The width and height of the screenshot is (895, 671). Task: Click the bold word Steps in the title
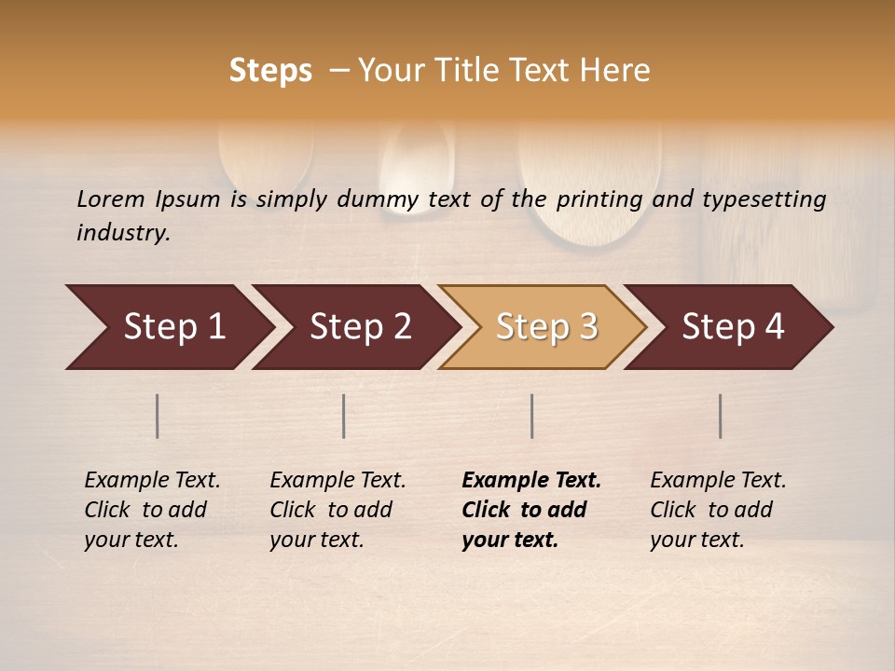click(270, 71)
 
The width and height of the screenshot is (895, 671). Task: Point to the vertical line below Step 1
click(158, 416)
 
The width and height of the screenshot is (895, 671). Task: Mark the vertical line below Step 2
click(344, 416)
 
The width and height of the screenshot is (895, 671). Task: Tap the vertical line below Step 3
click(532, 416)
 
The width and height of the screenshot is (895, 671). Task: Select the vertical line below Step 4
click(721, 416)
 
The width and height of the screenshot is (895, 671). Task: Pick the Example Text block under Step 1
click(152, 510)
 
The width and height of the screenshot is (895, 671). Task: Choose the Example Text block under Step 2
click(337, 510)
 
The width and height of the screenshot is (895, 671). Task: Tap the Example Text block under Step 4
click(718, 510)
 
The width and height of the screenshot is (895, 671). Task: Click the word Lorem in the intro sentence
click(111, 199)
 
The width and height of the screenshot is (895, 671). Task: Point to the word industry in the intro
click(123, 233)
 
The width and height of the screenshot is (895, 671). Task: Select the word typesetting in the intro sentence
click(764, 199)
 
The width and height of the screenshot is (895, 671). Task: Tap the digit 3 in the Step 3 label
click(587, 327)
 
